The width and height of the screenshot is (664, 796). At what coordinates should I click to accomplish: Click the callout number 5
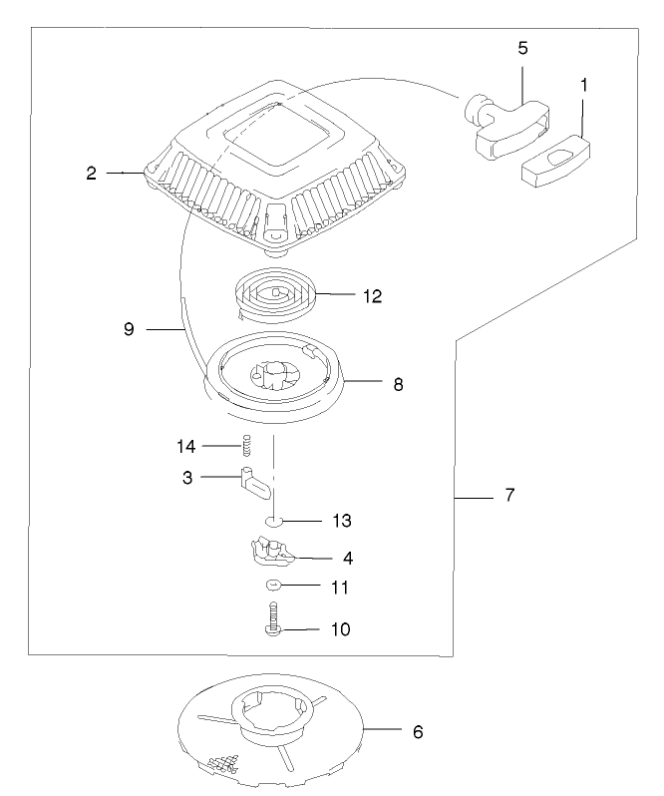click(x=523, y=46)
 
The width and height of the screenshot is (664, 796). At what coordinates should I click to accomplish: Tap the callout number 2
click(x=91, y=173)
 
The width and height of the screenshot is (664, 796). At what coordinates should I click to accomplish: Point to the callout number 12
click(x=372, y=295)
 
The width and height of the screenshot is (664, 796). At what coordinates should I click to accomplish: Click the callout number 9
click(x=129, y=326)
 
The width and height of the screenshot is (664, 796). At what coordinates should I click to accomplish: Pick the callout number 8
click(x=398, y=383)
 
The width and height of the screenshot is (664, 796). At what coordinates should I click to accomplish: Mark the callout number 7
click(x=509, y=495)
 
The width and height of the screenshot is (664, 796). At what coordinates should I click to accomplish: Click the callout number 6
click(x=419, y=731)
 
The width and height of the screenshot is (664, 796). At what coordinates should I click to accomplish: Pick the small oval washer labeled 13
click(x=275, y=521)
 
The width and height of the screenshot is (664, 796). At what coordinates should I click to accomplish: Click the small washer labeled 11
click(x=276, y=586)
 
